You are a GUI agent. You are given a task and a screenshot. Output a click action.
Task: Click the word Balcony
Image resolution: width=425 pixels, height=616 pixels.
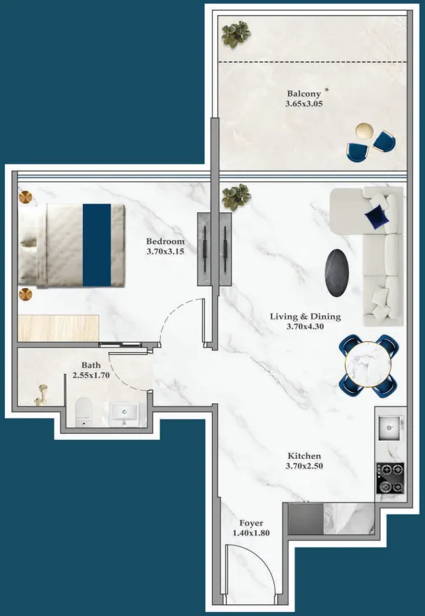[303, 93]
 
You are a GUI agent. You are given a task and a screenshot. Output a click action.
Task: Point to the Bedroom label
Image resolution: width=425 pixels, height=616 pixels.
[165, 241]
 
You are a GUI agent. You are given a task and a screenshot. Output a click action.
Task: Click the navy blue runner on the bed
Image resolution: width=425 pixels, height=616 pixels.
[96, 244]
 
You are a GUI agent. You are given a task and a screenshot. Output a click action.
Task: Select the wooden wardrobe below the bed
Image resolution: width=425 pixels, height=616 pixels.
[59, 328]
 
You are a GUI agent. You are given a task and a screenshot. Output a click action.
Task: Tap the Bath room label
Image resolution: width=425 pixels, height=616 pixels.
[91, 365]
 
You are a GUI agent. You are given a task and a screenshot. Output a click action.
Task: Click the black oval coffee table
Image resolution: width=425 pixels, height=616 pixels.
[337, 273]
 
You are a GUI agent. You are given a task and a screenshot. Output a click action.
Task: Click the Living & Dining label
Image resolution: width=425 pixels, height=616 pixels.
[305, 316]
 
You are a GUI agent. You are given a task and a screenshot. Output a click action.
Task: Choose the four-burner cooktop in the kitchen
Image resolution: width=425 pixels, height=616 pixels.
[390, 478]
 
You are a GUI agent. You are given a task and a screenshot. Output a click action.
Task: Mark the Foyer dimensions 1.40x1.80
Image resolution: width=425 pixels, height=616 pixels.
[251, 533]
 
